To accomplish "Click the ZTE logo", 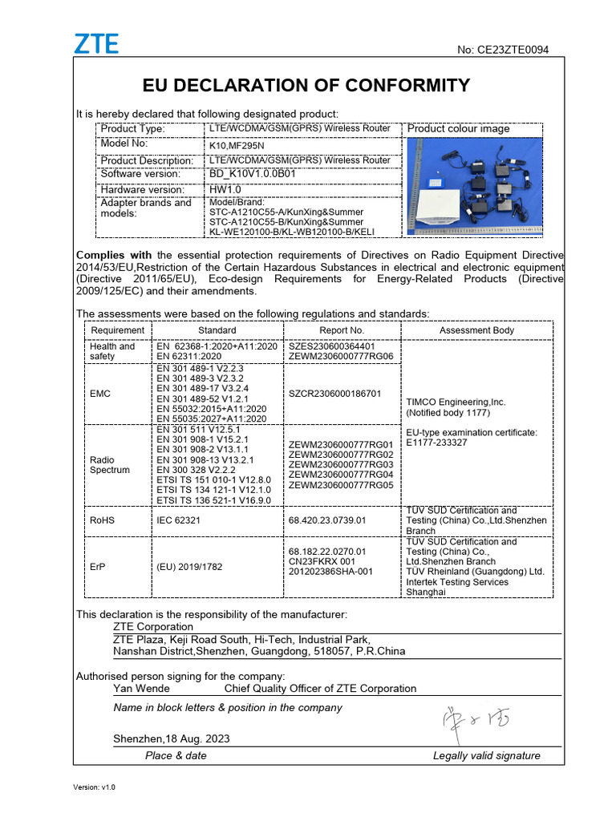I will [x=96, y=44].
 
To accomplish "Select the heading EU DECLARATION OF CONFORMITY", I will [x=306, y=86].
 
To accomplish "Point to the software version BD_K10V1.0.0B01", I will [x=253, y=174].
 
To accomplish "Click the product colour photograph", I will [x=475, y=187].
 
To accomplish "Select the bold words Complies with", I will [x=113, y=255].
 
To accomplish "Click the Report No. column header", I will [x=341, y=330].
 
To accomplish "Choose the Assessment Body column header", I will [x=476, y=330].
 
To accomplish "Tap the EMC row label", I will [x=101, y=394].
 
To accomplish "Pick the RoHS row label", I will [x=103, y=520].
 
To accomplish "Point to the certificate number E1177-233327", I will [x=436, y=443].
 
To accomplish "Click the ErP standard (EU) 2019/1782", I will [x=189, y=567].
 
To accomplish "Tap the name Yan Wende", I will [x=141, y=688].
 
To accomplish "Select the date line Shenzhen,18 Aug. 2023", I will [x=172, y=738].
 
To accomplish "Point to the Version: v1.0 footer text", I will [x=95, y=787].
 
